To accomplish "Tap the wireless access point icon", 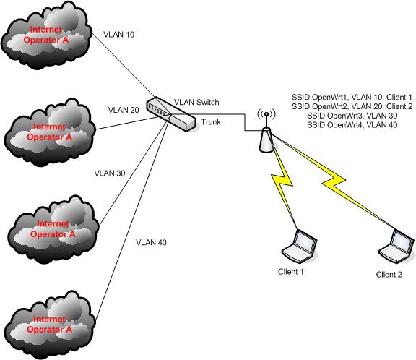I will [x=266, y=134].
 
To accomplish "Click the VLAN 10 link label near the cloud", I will [x=119, y=34].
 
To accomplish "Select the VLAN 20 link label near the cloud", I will [x=123, y=110].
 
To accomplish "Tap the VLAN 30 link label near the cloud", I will [x=110, y=173].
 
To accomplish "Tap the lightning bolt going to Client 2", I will [x=339, y=184].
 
